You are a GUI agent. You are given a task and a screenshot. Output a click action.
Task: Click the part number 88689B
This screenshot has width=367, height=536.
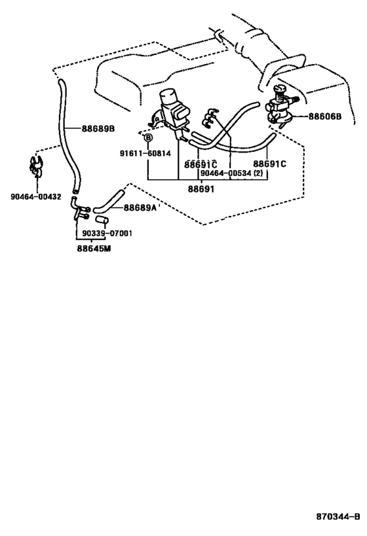pos(98,129)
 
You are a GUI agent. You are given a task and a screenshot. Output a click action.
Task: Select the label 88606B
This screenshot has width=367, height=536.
pos(325,116)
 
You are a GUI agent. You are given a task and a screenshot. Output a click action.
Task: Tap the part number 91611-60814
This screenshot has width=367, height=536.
pos(145,154)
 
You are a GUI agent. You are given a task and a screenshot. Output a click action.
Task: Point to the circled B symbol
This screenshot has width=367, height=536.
pos(148,137)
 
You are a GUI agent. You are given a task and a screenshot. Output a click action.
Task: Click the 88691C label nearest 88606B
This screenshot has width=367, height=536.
pos(269,164)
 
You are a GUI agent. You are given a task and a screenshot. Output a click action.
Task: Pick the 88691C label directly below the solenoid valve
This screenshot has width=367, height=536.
pos(201,164)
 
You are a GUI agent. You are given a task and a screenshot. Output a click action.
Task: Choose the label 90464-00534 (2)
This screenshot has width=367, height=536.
pos(231,173)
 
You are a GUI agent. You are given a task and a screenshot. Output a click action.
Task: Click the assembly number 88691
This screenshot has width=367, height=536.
pos(201,188)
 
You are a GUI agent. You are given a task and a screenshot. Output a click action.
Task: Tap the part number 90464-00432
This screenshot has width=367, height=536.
pos(36,197)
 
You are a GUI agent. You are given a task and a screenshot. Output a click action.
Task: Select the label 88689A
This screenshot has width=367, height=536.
pos(140,207)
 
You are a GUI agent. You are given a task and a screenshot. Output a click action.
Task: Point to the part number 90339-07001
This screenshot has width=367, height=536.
pos(107,234)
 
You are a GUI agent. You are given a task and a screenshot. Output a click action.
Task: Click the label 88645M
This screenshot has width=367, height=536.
pos(94,249)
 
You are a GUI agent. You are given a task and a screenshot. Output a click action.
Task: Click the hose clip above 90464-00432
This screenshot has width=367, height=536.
pos(35,167)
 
